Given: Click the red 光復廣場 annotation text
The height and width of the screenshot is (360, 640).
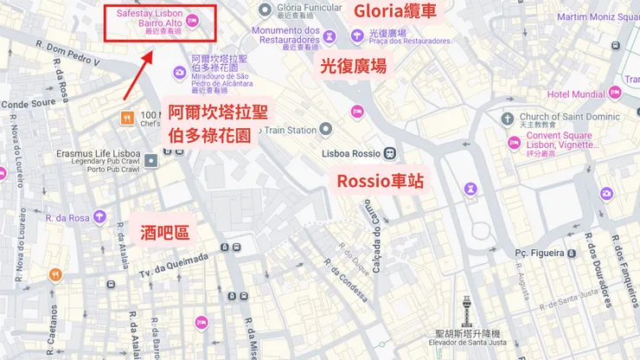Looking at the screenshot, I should pos(353,66).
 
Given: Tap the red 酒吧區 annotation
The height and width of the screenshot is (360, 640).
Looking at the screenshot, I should pos(164,231).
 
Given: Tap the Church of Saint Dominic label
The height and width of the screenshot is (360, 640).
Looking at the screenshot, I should pos(570,117).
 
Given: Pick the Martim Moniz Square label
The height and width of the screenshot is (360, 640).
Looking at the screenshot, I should pos(597,16).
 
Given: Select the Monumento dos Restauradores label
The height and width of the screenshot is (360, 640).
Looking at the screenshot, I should pos(285,35).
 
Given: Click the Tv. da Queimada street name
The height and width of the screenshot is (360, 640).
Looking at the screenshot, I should pos(181,265).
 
